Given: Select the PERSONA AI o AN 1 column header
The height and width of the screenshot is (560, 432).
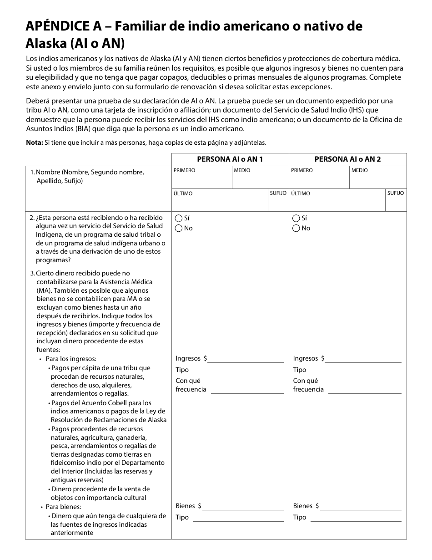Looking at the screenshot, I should [230, 159].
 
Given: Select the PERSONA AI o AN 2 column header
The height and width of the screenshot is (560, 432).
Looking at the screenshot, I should [347, 159].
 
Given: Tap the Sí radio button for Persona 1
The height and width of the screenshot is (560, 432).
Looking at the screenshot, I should [179, 218].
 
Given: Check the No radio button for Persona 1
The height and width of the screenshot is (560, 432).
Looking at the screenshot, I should [179, 228].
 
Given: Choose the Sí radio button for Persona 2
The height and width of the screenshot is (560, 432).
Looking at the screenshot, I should [296, 218].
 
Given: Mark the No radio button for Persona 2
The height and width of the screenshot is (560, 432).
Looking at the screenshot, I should [296, 228].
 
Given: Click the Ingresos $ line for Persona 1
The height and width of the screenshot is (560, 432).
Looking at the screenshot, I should [246, 359].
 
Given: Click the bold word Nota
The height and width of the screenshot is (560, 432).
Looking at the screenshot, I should [34, 143].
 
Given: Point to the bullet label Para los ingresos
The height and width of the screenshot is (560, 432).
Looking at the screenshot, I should [71, 359].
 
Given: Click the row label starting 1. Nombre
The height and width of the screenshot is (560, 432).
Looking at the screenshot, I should [86, 176].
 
